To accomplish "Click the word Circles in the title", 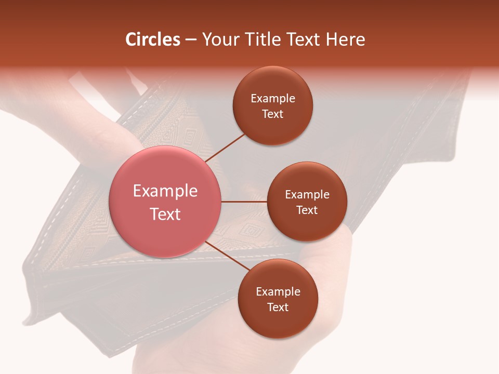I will coord(153,39).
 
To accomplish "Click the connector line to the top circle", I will coord(226,146).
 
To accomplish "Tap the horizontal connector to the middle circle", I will coord(244,202).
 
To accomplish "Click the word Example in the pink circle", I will coord(165,191).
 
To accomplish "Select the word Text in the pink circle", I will coord(165,214).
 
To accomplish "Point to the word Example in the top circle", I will coord(273,99).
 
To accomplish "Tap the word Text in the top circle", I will coord(272,114).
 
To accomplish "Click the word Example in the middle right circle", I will coord(307,195).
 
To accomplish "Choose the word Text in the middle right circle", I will coord(307,210).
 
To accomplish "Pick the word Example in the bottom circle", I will coord(278,292).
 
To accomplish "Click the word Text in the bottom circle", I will coord(278,308).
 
